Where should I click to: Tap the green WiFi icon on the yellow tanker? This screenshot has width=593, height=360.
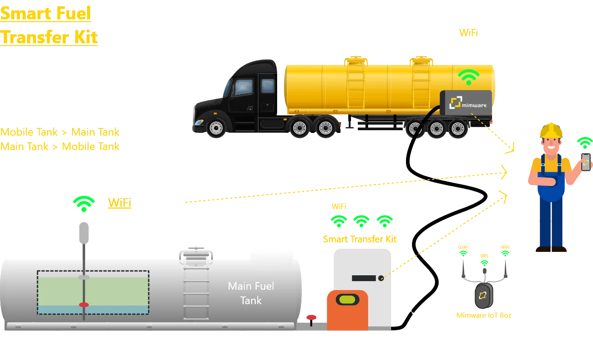469,77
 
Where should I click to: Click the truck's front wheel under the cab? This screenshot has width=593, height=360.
216,128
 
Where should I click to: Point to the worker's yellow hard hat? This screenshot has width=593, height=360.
551,131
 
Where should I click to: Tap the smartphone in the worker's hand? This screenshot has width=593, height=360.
585,162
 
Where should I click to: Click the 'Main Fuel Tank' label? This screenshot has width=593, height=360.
251,293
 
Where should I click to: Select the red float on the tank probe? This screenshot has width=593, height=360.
84,305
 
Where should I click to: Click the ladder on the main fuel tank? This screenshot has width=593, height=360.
195,284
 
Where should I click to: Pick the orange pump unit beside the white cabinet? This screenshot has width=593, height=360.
347,311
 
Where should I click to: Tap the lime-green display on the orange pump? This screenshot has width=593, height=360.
347,299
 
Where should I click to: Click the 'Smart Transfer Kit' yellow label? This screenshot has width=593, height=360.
359,239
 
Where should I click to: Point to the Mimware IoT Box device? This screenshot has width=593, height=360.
483,296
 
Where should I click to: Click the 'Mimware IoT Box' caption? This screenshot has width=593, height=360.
484,316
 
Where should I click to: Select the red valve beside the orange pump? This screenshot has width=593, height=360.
311,318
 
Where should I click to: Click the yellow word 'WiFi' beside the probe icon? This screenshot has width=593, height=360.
119,203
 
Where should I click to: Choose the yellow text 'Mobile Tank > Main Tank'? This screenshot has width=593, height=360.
60,132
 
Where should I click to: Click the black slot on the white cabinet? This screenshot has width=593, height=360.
364,278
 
